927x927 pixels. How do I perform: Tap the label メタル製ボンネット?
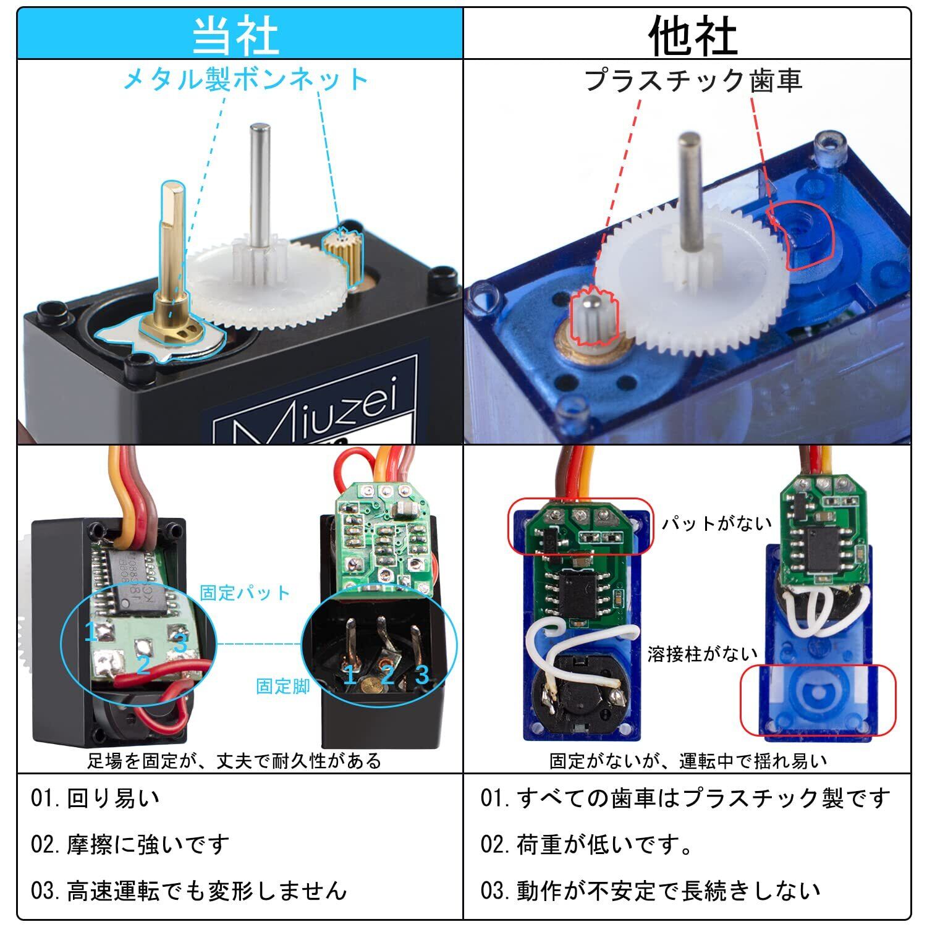(245, 80)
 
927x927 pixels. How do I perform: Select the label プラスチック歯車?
(693, 80)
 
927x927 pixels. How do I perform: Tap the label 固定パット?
(245, 593)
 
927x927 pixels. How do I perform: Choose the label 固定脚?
(282, 686)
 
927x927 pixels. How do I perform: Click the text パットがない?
(717, 523)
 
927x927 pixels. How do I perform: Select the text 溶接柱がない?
(703, 654)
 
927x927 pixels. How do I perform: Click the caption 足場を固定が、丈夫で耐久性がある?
(234, 760)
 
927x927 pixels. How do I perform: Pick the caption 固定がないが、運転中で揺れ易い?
(688, 761)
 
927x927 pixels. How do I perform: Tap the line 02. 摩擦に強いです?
(130, 844)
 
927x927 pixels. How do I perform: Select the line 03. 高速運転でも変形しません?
(189, 891)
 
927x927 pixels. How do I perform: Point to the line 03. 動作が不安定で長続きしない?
(651, 891)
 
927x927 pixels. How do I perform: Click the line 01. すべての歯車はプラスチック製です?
(686, 798)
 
